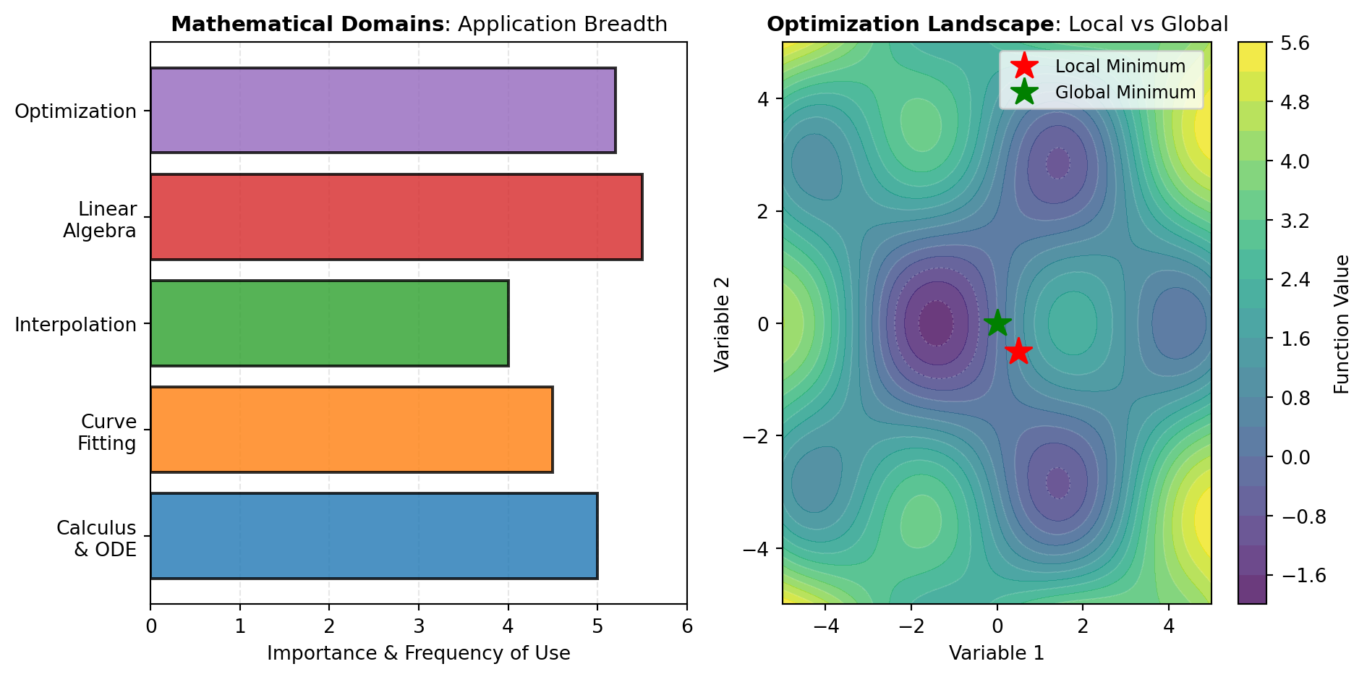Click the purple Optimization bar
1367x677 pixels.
[x=383, y=111]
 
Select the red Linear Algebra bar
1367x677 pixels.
[x=396, y=217]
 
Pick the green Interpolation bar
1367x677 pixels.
[x=329, y=323]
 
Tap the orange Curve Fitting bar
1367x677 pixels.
[x=352, y=430]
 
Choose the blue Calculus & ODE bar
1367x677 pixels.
[x=374, y=536]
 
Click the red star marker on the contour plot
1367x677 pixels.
[x=1018, y=352]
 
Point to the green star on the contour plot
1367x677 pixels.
[x=997, y=323]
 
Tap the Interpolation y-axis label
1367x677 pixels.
[x=76, y=325]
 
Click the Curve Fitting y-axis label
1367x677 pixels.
[x=108, y=432]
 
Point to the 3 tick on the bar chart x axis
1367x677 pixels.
[x=419, y=626]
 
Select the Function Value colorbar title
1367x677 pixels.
[x=1342, y=324]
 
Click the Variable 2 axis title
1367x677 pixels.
[x=723, y=324]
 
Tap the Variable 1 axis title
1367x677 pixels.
[x=997, y=653]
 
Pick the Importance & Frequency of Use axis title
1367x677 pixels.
[x=418, y=653]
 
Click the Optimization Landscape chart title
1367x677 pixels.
[x=997, y=25]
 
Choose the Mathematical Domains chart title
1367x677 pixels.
[x=419, y=25]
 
